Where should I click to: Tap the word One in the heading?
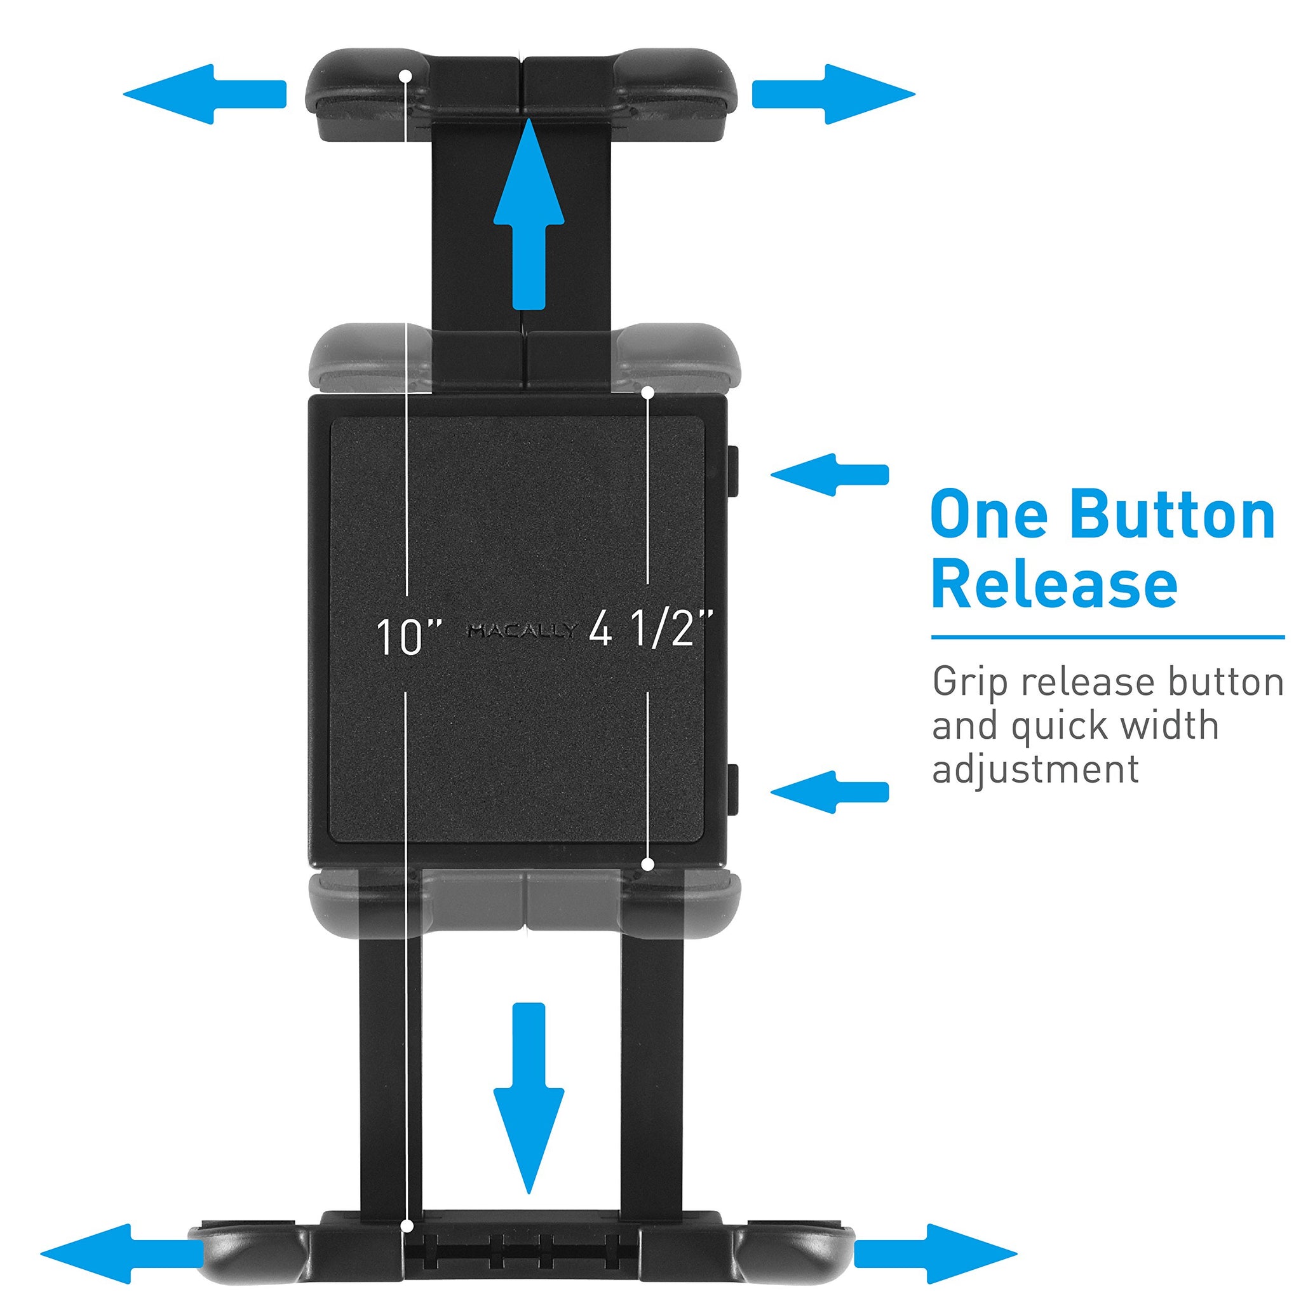(989, 516)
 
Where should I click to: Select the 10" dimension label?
(407, 637)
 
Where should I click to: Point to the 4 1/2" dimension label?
(650, 630)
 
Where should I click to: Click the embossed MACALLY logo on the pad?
(523, 631)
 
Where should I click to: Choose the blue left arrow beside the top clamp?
(205, 94)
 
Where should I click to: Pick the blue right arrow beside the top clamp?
(833, 94)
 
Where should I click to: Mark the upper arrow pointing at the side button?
(830, 475)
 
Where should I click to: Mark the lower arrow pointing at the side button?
(830, 792)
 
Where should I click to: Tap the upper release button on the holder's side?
(733, 471)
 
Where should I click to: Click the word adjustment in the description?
(1035, 771)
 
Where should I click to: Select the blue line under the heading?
(1108, 637)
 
